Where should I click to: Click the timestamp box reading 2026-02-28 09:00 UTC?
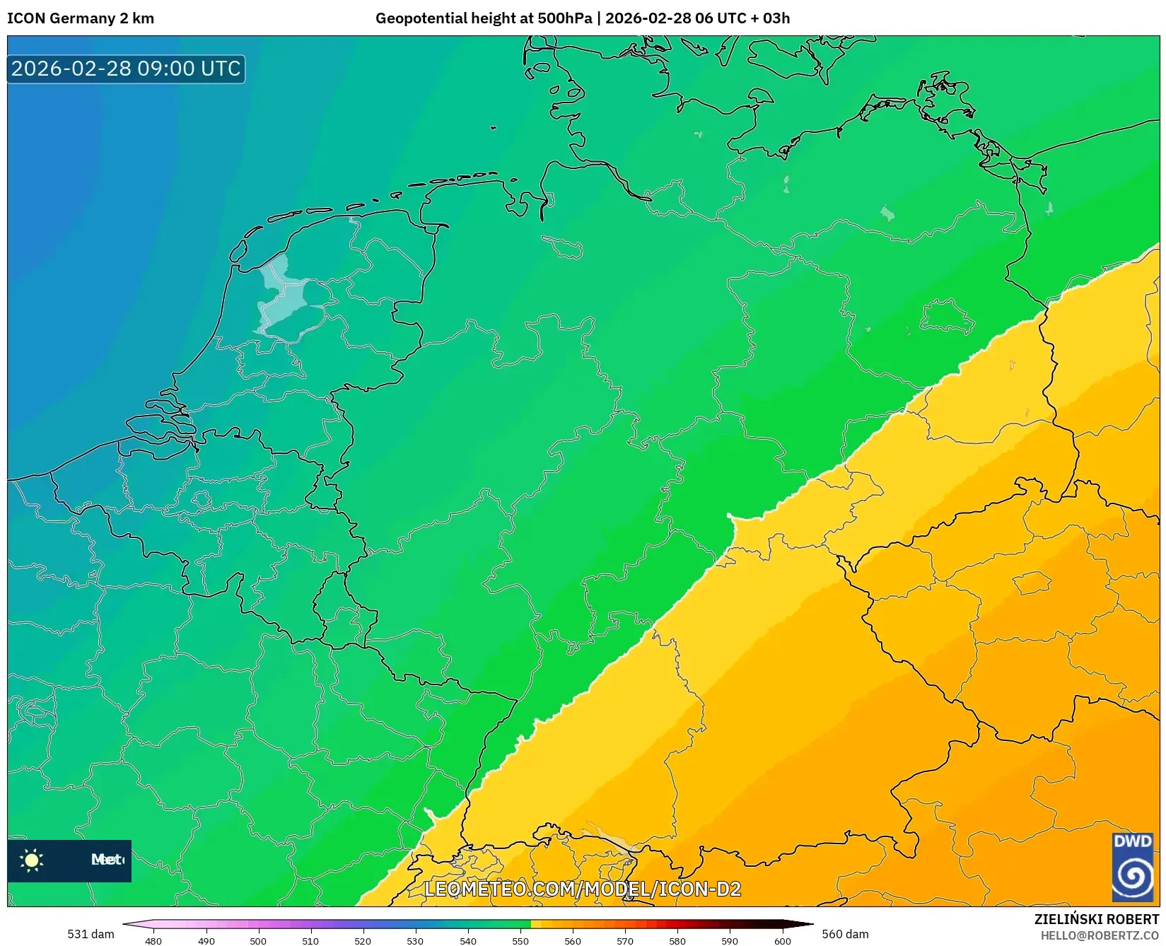[x=126, y=69]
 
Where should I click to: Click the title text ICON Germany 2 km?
[x=80, y=18]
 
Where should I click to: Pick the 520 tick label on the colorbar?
[x=363, y=941]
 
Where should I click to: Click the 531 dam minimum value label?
[x=91, y=934]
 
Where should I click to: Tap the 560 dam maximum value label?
[x=845, y=934]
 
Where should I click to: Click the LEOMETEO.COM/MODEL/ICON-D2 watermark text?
[x=582, y=889]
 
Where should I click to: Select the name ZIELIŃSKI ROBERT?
[x=1096, y=920]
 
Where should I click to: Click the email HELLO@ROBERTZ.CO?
[x=1100, y=935]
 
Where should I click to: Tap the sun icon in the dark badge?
[x=32, y=860]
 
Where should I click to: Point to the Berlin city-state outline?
[x=948, y=316]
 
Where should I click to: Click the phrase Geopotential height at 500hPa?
[x=484, y=18]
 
